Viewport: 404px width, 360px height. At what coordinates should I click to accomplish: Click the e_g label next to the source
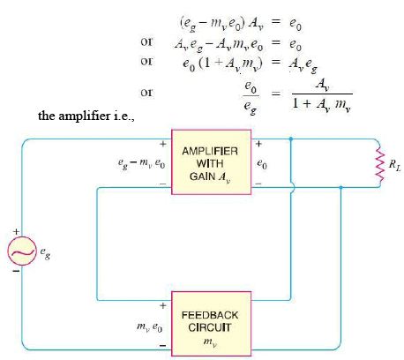(x=44, y=251)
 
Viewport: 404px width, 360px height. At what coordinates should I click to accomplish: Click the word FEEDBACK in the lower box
(x=211, y=313)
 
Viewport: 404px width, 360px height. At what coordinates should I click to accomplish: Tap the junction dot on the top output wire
(x=290, y=139)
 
